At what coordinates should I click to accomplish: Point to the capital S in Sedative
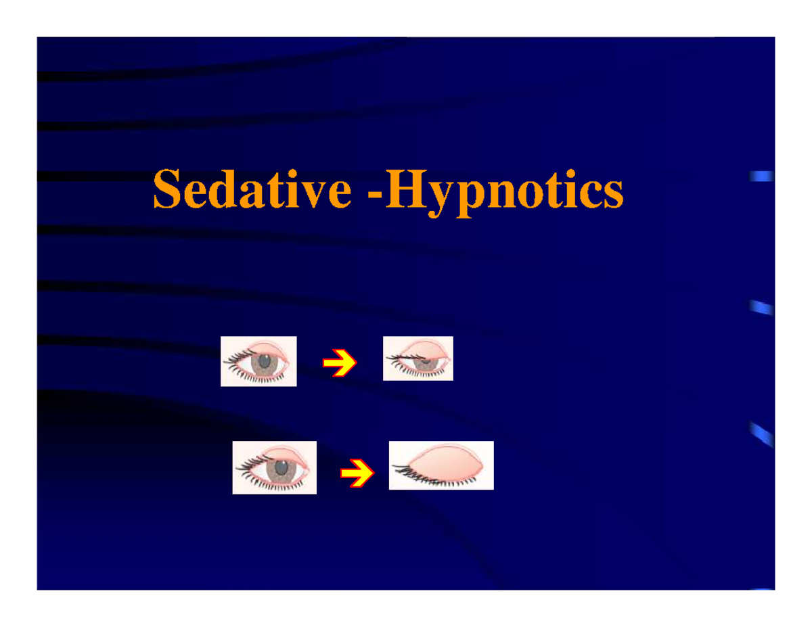[x=166, y=190]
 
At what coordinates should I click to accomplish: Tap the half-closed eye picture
[x=418, y=358]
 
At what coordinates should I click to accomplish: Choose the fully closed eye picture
[x=441, y=465]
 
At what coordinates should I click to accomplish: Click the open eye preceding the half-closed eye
[x=258, y=361]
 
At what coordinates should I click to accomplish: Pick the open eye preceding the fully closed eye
[x=274, y=467]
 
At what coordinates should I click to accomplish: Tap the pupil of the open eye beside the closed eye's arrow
[x=278, y=469]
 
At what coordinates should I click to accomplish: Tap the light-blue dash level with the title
[x=762, y=178]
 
